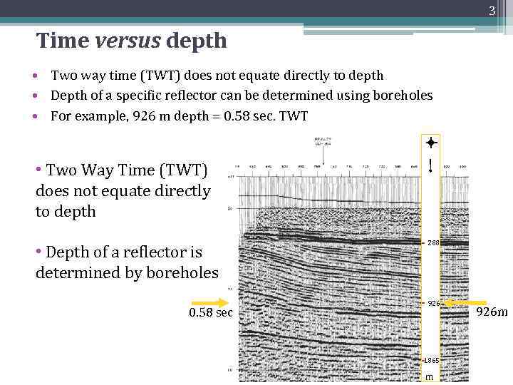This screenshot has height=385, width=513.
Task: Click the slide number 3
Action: click(x=492, y=11)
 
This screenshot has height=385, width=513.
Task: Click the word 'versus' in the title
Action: click(x=126, y=41)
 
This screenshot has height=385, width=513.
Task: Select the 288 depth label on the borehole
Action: click(x=433, y=243)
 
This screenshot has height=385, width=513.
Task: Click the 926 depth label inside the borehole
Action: click(x=433, y=303)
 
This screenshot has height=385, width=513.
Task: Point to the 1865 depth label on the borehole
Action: click(x=432, y=361)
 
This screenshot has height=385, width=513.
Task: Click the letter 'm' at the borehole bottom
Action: click(x=429, y=376)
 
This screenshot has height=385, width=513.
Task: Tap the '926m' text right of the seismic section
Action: click(x=492, y=312)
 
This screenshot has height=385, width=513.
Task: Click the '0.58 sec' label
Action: click(x=211, y=312)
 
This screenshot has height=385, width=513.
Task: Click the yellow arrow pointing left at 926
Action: click(x=463, y=302)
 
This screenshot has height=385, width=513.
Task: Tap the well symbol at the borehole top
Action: click(x=430, y=142)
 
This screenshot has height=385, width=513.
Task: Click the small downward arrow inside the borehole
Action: click(x=430, y=165)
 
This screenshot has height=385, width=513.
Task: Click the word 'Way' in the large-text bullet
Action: click(x=105, y=170)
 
